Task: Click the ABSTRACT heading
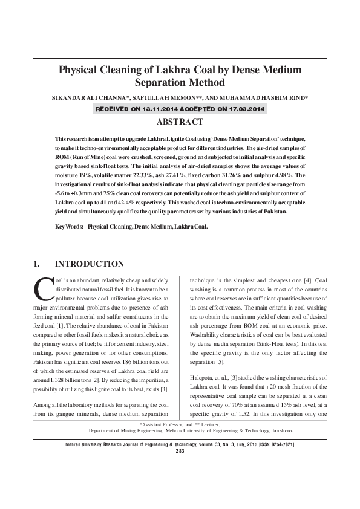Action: tap(180, 122)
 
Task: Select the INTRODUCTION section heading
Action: tap(89, 264)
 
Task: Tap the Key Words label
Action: tap(68, 227)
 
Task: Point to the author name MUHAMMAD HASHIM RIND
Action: tap(261, 97)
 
